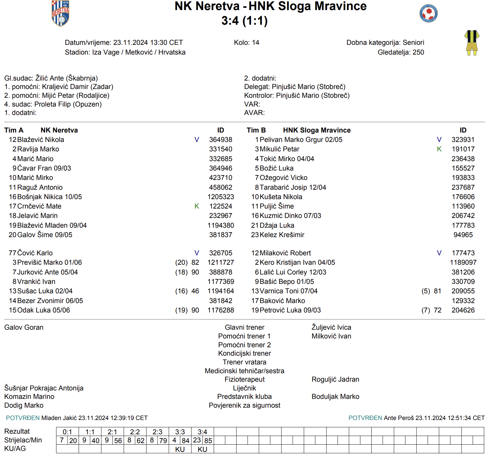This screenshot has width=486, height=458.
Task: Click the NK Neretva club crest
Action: click(x=60, y=13)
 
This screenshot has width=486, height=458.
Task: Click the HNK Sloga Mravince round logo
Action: click(x=428, y=14)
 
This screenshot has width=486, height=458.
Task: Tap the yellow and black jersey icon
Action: click(x=472, y=43)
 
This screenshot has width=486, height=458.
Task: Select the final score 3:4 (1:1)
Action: click(x=244, y=21)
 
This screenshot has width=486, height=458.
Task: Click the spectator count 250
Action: click(x=418, y=52)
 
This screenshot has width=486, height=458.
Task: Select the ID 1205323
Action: click(x=221, y=197)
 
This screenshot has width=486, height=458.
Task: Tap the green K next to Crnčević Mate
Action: click(x=197, y=206)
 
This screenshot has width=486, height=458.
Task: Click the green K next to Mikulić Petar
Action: click(x=439, y=149)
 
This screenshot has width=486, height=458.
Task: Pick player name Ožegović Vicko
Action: click(x=283, y=178)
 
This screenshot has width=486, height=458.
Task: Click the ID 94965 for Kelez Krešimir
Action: click(x=463, y=235)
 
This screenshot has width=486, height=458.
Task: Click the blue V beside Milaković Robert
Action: click(x=439, y=253)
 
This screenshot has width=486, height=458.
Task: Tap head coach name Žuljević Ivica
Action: click(x=331, y=327)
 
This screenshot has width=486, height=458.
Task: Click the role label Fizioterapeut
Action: click(x=244, y=379)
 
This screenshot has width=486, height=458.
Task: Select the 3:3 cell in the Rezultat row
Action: click(x=180, y=432)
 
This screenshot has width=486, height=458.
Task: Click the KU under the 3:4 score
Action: click(x=202, y=449)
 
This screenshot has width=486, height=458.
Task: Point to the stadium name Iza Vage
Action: click(x=106, y=52)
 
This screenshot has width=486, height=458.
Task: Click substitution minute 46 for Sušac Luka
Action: click(x=195, y=291)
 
